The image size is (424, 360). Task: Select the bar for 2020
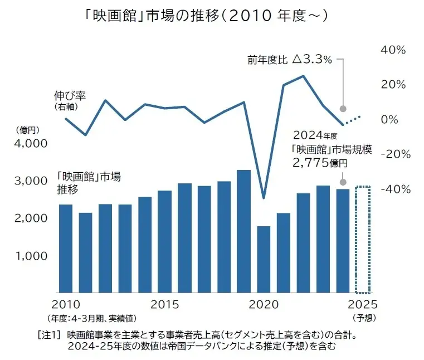pyautogui.click(x=264, y=260)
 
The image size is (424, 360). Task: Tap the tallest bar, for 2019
pyautogui.click(x=243, y=231)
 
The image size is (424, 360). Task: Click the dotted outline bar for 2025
pyautogui.click(x=363, y=240)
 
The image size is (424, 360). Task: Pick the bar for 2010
pyautogui.click(x=66, y=249)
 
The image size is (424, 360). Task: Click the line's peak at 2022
pyautogui.click(x=303, y=76)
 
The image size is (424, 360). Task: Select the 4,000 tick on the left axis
pyautogui.click(x=31, y=143)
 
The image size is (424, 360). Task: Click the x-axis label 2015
pyautogui.click(x=164, y=305)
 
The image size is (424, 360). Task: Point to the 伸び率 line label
pyautogui.click(x=70, y=95)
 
